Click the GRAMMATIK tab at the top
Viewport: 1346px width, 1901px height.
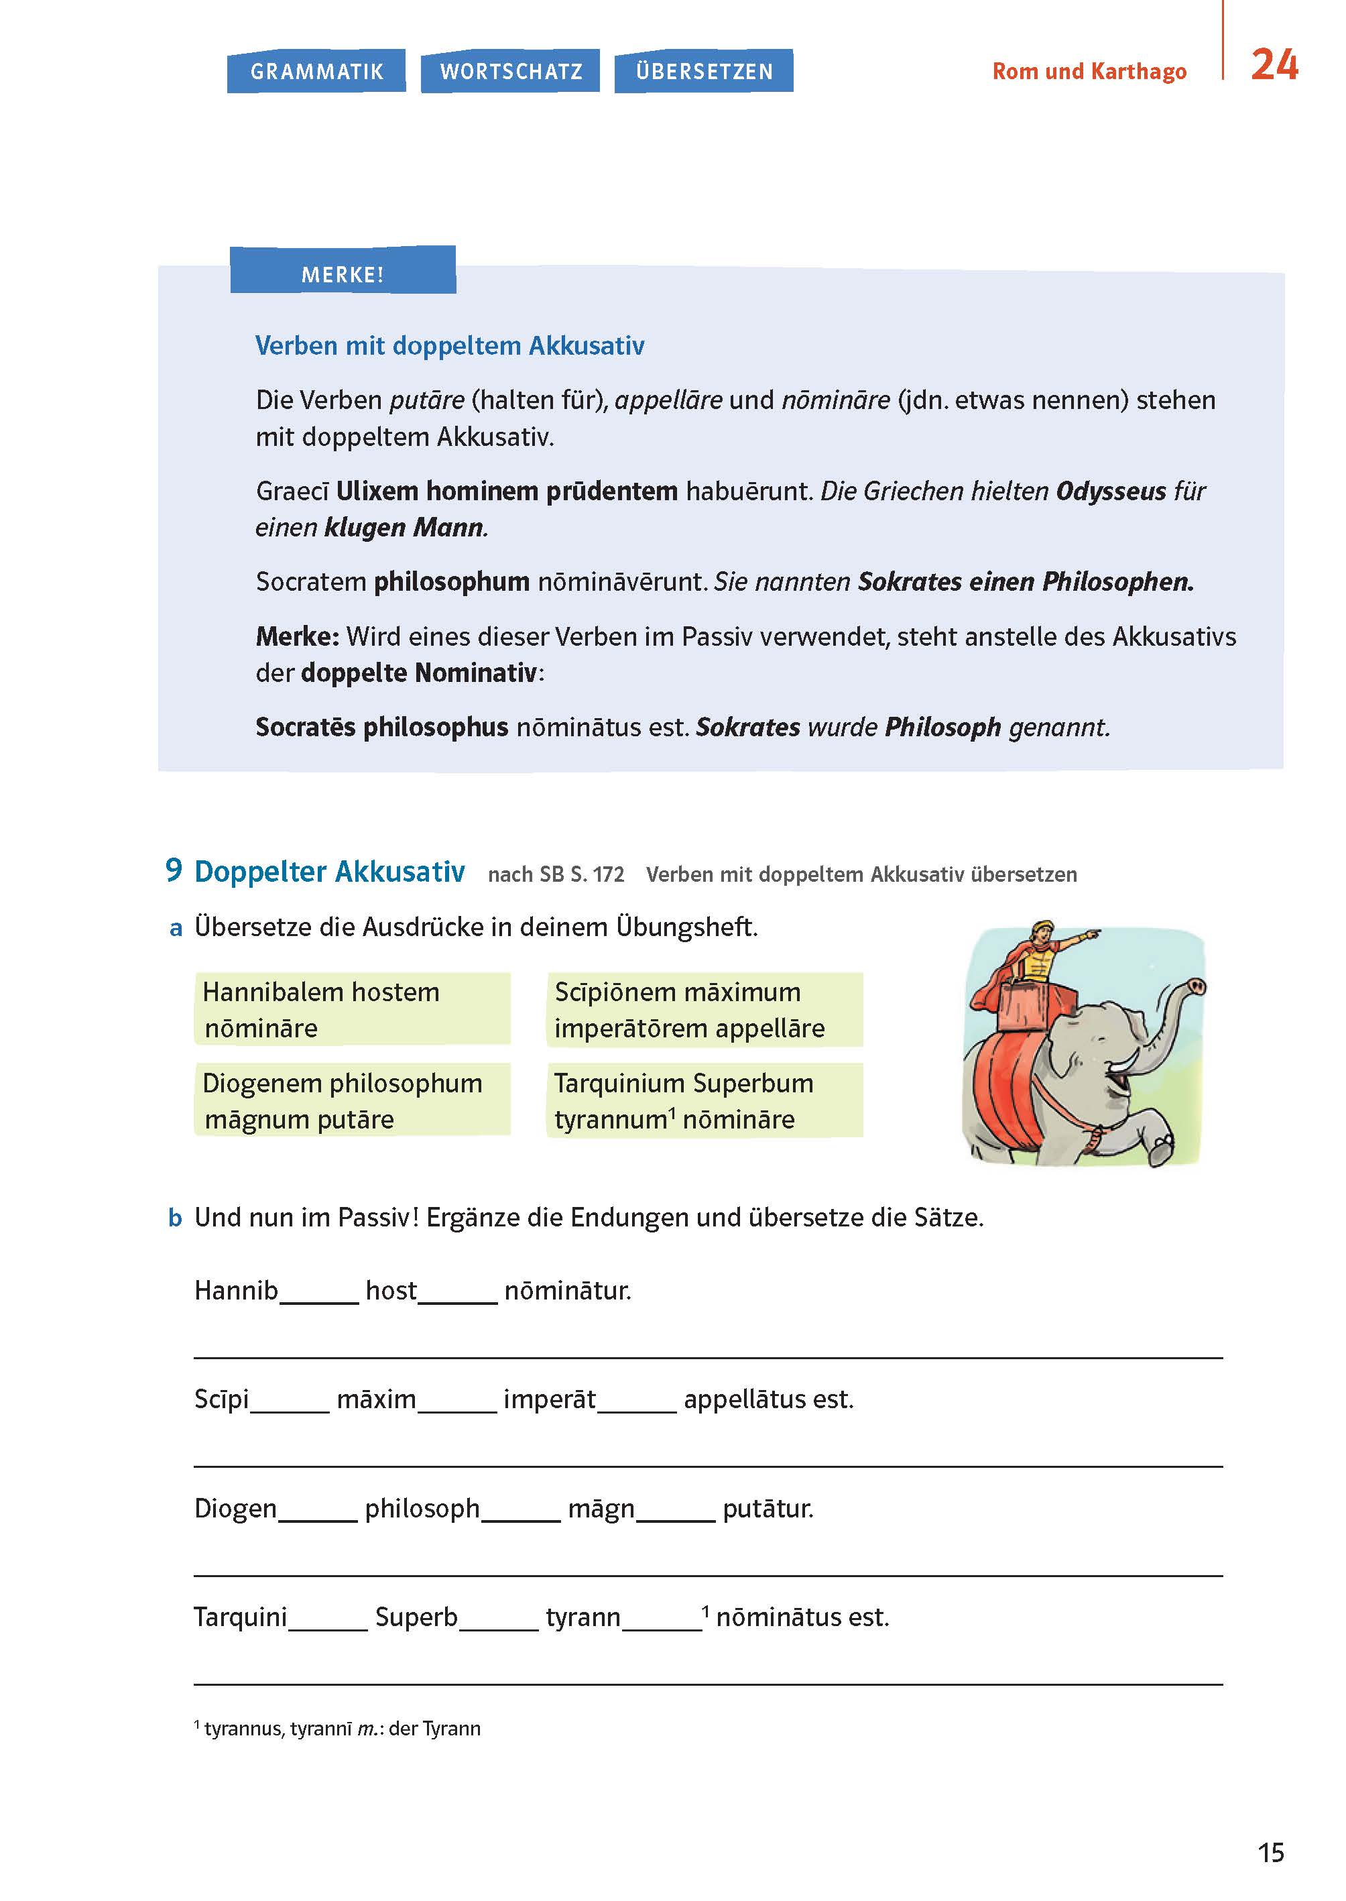(316, 71)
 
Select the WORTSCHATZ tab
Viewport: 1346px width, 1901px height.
(511, 71)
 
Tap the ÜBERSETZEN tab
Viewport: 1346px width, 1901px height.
(704, 71)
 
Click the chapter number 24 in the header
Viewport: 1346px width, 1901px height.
(1274, 64)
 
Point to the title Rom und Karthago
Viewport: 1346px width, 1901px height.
(1089, 71)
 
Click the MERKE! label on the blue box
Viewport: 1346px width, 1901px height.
(343, 274)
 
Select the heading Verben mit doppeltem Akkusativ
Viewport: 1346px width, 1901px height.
(449, 346)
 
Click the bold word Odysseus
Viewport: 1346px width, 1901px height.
(1111, 492)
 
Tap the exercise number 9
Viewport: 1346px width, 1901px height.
(173, 870)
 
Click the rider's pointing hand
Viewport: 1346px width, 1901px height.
(1093, 935)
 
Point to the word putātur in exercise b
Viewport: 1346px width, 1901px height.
(768, 1509)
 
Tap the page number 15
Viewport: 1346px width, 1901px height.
(1270, 1853)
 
